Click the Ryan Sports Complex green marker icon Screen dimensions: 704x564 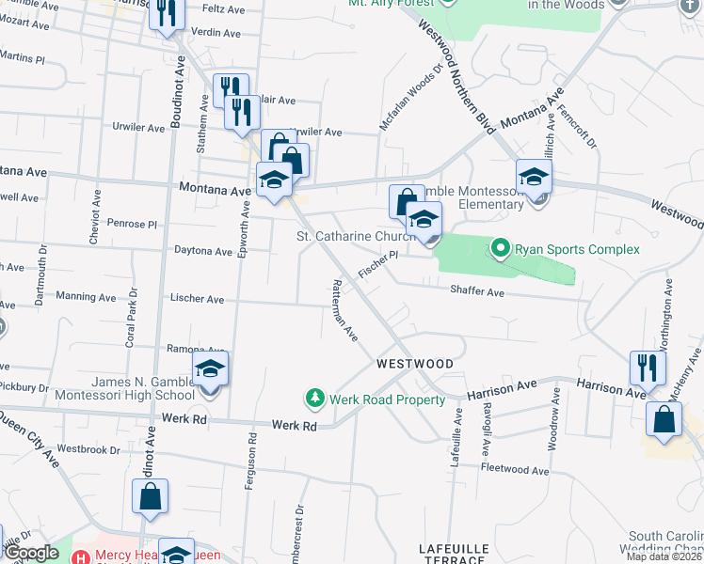click(x=501, y=249)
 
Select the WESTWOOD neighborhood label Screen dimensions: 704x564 click(x=415, y=364)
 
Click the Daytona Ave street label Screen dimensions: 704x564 click(x=203, y=251)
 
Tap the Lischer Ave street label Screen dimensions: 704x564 click(x=197, y=299)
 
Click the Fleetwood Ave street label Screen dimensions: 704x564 click(x=514, y=470)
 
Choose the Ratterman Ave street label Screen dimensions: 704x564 click(x=344, y=309)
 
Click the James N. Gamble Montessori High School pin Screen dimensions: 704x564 click(x=211, y=369)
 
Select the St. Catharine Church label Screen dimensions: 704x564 click(x=356, y=236)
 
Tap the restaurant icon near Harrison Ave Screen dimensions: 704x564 click(x=648, y=367)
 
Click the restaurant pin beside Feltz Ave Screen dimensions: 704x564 click(x=167, y=13)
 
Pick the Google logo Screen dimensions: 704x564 click(x=31, y=554)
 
